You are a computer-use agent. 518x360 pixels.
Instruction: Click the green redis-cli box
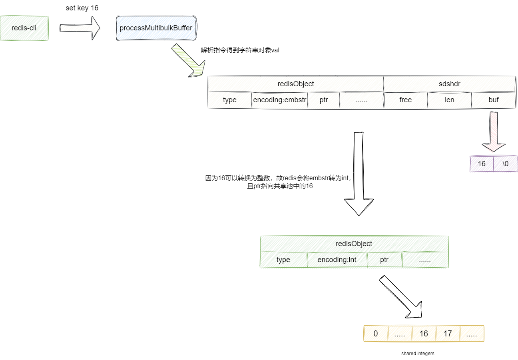click(x=24, y=28)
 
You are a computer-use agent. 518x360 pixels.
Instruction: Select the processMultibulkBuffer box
click(x=156, y=28)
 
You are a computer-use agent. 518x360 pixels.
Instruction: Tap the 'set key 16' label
click(x=82, y=8)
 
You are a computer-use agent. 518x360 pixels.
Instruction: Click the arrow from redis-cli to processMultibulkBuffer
click(x=80, y=28)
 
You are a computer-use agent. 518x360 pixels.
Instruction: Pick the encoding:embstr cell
click(x=280, y=100)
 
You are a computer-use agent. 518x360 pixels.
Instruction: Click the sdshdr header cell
click(x=449, y=84)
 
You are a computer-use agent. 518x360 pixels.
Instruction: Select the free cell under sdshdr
click(x=405, y=100)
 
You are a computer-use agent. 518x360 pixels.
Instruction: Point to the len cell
click(x=449, y=100)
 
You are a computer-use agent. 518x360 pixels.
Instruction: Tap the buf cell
click(x=494, y=100)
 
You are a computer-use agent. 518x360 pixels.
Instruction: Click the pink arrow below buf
click(x=494, y=132)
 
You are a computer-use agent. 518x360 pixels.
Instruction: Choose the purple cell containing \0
click(x=506, y=164)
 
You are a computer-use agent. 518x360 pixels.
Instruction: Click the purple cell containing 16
click(x=482, y=164)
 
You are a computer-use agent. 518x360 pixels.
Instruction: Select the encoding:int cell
click(x=337, y=260)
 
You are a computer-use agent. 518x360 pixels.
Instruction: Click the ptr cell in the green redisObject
click(x=384, y=260)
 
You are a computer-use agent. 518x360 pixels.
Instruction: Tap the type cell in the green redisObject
click(x=283, y=260)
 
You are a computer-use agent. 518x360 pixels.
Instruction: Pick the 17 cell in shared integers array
click(x=448, y=334)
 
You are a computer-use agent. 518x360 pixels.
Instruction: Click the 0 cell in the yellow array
click(x=376, y=334)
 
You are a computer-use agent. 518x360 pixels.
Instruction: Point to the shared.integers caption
click(x=418, y=354)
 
